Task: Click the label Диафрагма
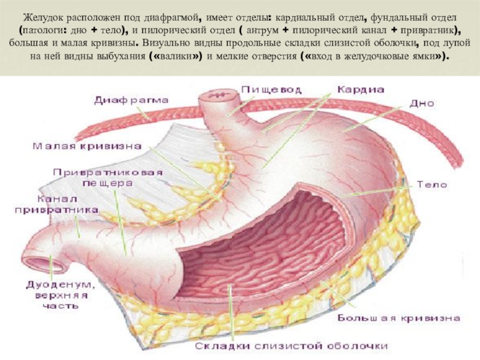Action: (x=131, y=100)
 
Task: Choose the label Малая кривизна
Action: (x=87, y=146)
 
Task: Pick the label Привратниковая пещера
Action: (x=107, y=178)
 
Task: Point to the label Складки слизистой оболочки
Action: (x=291, y=346)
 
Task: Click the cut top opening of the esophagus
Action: (x=218, y=95)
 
